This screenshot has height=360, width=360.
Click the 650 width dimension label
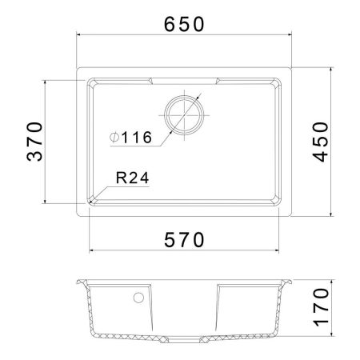coord(184,24)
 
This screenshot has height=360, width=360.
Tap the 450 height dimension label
coord(320,142)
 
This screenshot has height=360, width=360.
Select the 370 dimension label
coord(34,142)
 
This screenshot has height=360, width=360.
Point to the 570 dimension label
coord(184,240)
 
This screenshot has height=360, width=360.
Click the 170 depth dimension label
coord(322,307)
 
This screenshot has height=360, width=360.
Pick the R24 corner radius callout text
coord(133,178)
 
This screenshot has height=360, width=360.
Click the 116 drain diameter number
coord(137,138)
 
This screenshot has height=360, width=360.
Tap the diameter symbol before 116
coord(114,138)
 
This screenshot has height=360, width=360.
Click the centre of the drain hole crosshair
coord(184,115)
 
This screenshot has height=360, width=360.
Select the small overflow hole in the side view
coord(138,298)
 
